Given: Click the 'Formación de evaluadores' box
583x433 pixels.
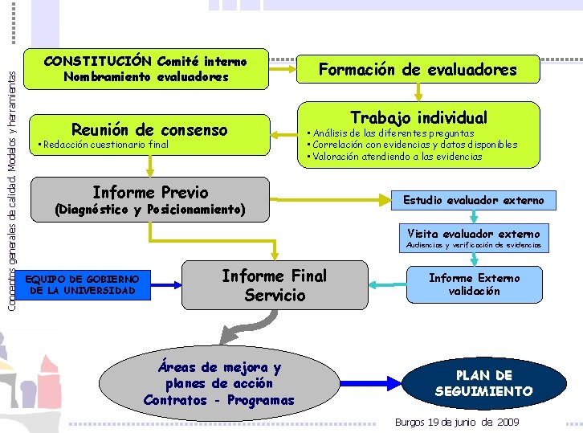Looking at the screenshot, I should pyautogui.click(x=418, y=70).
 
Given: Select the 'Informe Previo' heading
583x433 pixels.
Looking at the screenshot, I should pyautogui.click(x=150, y=193).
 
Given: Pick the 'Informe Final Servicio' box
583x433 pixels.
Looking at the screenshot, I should pyautogui.click(x=274, y=285).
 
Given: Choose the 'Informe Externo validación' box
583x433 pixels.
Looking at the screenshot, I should pyautogui.click(x=474, y=284).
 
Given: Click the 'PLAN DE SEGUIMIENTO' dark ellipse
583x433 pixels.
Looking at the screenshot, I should pyautogui.click(x=483, y=383).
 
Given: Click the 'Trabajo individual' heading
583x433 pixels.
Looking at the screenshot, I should pyautogui.click(x=418, y=117).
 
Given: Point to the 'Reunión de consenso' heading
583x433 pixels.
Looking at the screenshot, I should pyautogui.click(x=149, y=130).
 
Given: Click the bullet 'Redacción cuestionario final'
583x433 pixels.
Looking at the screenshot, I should pyautogui.click(x=103, y=145).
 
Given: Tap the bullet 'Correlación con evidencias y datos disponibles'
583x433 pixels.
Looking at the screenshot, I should pyautogui.click(x=411, y=145).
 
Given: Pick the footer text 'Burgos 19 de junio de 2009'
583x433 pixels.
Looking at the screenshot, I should pyautogui.click(x=457, y=423).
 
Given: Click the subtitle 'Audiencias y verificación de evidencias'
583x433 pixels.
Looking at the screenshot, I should pyautogui.click(x=474, y=244).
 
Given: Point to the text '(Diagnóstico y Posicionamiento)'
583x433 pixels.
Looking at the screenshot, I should pyautogui.click(x=149, y=210).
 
